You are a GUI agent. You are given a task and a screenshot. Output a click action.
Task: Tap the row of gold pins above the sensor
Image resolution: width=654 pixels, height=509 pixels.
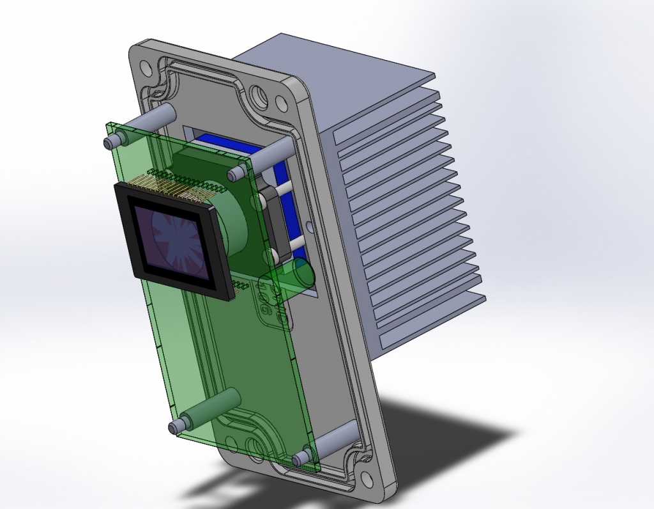coord(172,185)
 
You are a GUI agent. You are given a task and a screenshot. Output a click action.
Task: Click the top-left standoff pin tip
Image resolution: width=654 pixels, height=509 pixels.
coord(109,139)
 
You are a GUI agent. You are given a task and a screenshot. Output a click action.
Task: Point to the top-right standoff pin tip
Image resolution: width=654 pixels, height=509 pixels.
coord(234,173)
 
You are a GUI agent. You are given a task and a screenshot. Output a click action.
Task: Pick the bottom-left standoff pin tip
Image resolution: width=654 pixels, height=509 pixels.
coord(174,426)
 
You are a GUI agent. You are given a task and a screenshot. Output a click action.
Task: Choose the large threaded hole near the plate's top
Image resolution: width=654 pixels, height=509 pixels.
coord(259,95)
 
